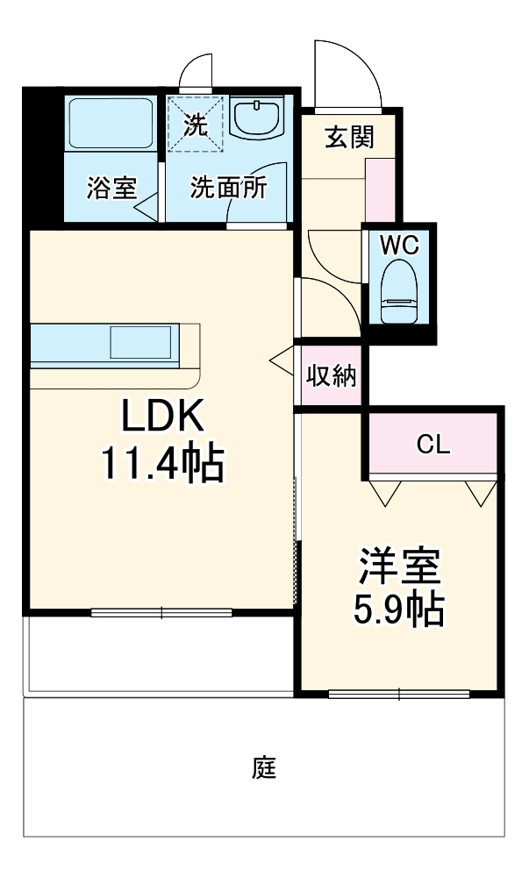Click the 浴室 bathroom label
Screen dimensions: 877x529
(x=111, y=188)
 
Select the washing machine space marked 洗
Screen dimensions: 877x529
(x=196, y=124)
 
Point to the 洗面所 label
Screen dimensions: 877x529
(x=228, y=188)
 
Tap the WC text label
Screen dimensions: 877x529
(x=399, y=245)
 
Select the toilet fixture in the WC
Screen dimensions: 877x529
(x=400, y=294)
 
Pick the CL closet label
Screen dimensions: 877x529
(x=432, y=445)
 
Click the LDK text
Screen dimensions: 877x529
(x=162, y=417)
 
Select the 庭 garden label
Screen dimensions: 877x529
(x=264, y=768)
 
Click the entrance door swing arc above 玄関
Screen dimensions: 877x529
(x=349, y=75)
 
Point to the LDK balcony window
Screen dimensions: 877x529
(x=161, y=612)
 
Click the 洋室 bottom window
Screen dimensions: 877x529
(x=399, y=695)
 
